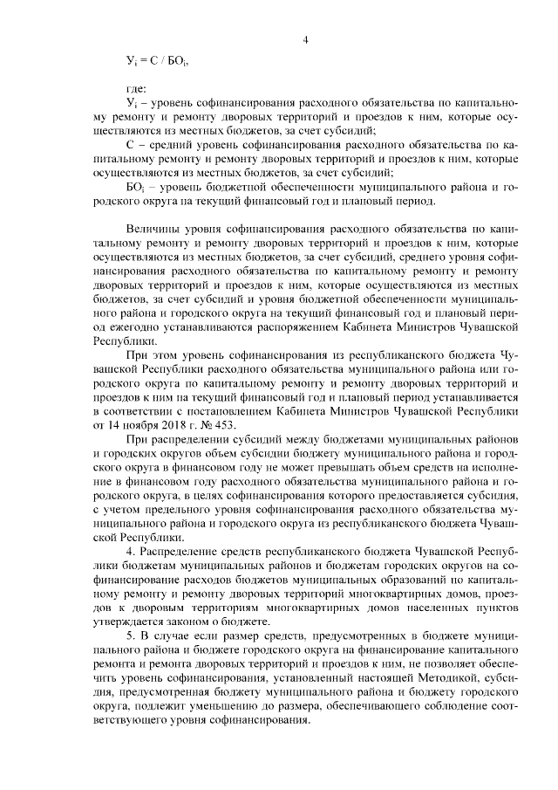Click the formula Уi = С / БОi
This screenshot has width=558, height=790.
158,62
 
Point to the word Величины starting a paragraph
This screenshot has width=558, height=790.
154,225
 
